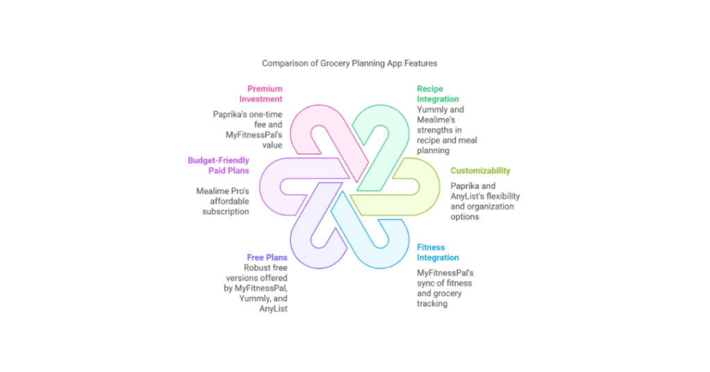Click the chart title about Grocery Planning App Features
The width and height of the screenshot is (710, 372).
[x=349, y=63]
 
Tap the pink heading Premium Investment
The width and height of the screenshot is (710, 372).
[x=265, y=94]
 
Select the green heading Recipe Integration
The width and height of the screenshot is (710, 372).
[x=438, y=94]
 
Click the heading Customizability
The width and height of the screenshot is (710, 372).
[x=480, y=171]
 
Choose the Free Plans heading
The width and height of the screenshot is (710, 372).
[x=267, y=257]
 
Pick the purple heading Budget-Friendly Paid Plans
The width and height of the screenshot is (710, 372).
[x=218, y=165]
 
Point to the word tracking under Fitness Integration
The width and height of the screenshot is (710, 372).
[x=432, y=303]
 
